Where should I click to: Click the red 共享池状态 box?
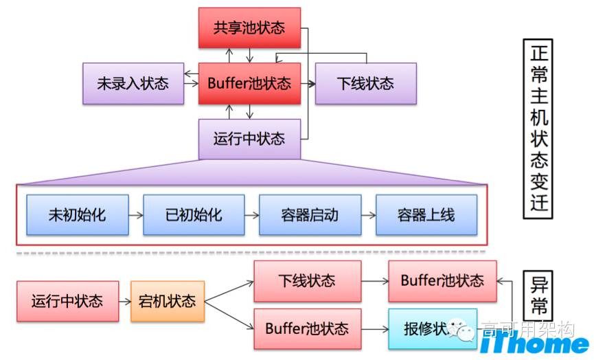(249, 28)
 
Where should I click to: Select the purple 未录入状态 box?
(133, 84)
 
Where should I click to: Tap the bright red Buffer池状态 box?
(249, 84)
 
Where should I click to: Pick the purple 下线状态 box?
(365, 84)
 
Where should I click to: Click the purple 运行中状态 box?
(249, 139)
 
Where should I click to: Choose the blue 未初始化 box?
(78, 214)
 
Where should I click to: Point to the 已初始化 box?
(194, 214)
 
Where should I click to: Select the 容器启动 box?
(310, 214)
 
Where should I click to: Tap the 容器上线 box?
(426, 214)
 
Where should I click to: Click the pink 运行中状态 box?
(67, 301)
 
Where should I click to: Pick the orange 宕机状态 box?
(168, 301)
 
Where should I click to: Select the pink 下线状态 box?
(307, 281)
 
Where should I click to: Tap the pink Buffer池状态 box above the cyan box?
(442, 281)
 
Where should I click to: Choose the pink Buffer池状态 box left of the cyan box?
(307, 328)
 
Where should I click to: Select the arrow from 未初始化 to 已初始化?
(135, 214)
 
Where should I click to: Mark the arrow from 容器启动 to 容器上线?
(367, 214)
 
